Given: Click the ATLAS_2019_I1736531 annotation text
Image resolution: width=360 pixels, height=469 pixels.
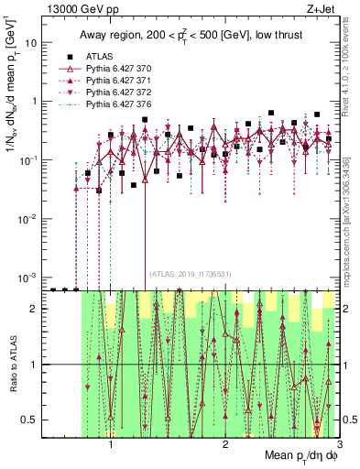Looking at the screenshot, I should tap(191, 274).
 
